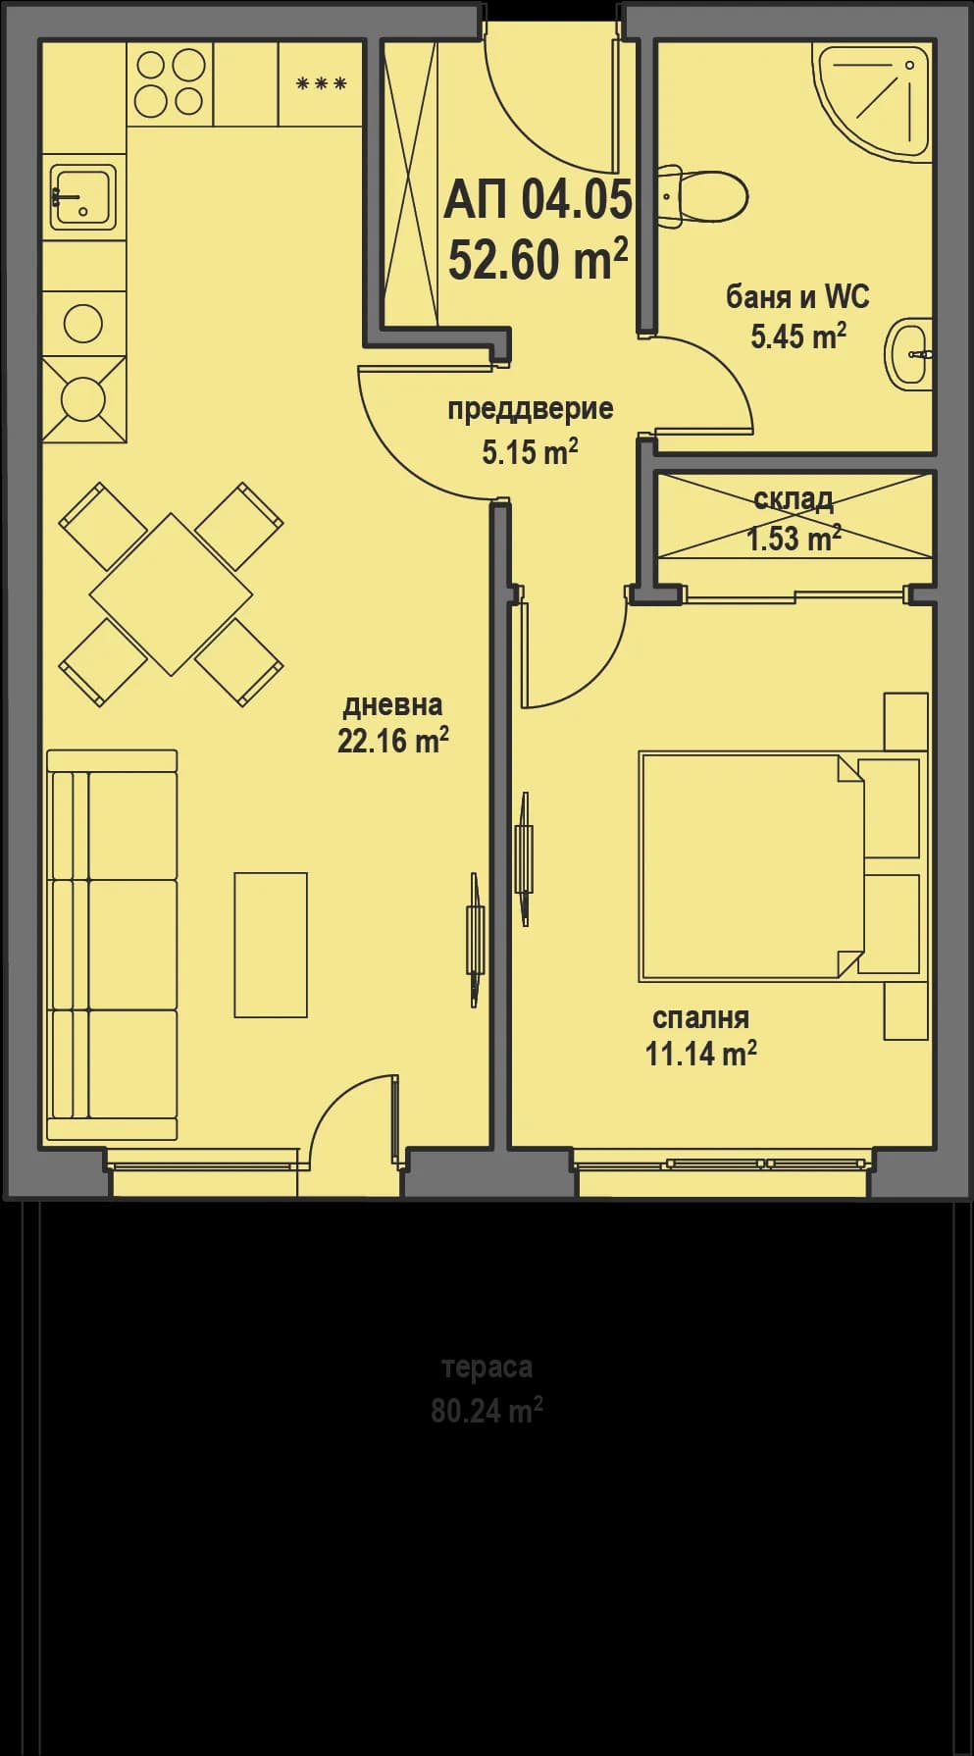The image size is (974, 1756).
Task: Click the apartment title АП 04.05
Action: (538, 200)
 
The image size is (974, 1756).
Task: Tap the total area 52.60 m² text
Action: (538, 260)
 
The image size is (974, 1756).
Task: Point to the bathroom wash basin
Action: (910, 353)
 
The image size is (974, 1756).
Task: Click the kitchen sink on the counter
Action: (82, 196)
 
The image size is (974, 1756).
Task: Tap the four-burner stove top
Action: (169, 82)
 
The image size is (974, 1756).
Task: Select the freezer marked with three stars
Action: (321, 84)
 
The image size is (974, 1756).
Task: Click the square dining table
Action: (171, 594)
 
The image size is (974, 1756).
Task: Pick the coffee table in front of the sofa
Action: (271, 944)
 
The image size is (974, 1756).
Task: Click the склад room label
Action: (794, 499)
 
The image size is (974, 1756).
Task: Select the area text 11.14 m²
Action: (700, 1054)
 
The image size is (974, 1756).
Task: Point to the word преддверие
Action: (530, 408)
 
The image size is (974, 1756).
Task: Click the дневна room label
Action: (392, 704)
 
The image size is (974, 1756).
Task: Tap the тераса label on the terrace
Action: (487, 1367)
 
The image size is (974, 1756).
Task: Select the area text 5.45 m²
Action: (798, 336)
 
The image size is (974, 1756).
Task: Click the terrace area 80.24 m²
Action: (487, 1411)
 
